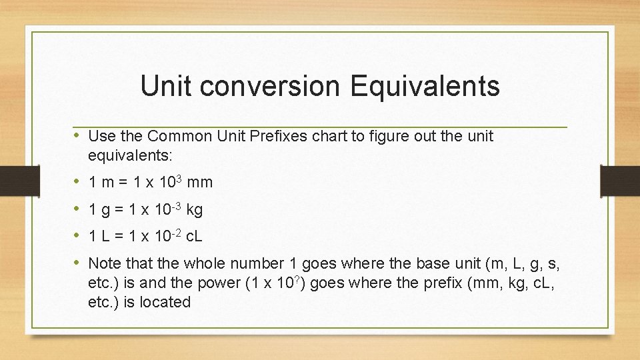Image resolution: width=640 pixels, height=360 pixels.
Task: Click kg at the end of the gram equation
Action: pos(195,210)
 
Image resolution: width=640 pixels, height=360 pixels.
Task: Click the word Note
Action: pos(104,263)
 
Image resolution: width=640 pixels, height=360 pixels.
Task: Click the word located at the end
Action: pos(164,302)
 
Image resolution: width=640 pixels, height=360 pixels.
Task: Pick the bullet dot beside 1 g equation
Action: pos(77,210)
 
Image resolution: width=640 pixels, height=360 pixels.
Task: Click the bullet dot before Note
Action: pos(77,263)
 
